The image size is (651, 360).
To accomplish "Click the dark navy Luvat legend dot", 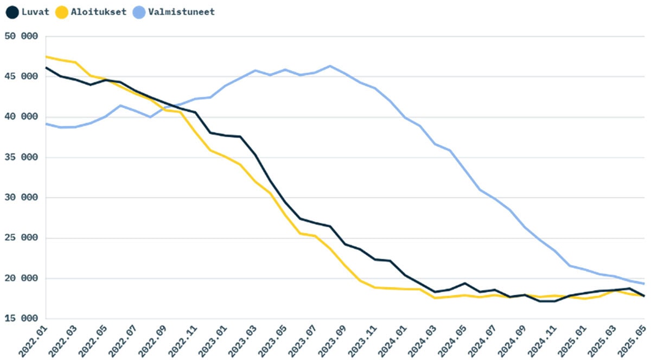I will click(11, 12).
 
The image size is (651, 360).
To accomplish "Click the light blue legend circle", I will click(139, 12).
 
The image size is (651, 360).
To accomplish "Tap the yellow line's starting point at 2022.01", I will click(46, 56).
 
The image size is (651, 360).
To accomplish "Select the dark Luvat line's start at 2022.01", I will click(46, 68).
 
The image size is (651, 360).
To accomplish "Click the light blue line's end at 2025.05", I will click(643, 284).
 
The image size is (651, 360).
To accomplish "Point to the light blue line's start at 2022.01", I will click(46, 124).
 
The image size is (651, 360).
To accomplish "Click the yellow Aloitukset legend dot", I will click(62, 12).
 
